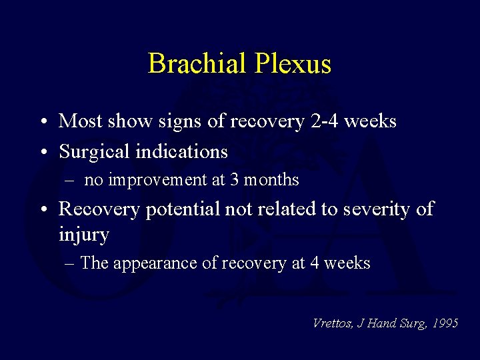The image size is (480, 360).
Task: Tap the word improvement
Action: coord(157,180)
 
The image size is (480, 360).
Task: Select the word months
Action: coord(275,180)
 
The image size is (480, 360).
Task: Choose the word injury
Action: coord(84,235)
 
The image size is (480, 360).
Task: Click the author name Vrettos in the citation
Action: coord(331,323)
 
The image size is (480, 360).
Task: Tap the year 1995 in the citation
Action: coord(445,323)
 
